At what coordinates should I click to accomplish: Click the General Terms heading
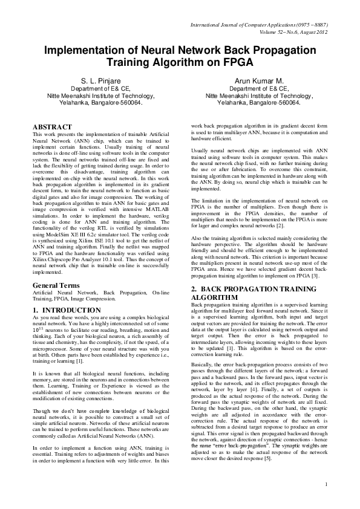[x=57, y=284]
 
